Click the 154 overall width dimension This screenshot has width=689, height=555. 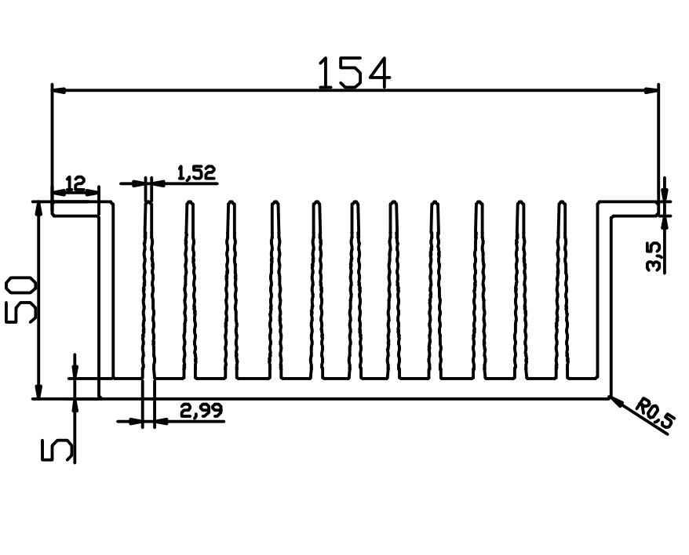click(353, 73)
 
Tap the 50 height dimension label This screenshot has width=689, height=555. click(20, 300)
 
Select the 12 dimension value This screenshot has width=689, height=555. click(75, 183)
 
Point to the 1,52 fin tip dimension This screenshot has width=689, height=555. click(197, 173)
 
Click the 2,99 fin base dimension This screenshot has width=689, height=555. click(201, 411)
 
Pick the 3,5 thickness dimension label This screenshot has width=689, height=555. click(654, 256)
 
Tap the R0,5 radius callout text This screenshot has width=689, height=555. click(655, 413)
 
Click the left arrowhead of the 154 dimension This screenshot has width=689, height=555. click(59, 90)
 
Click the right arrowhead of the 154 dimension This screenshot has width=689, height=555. click(651, 90)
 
